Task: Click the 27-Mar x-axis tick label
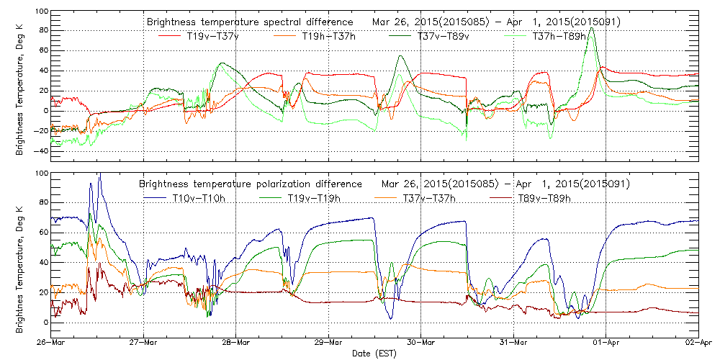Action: (x=143, y=343)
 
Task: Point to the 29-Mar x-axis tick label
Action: (x=328, y=343)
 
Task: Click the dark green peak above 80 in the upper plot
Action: (x=591, y=29)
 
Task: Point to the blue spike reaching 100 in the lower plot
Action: (x=99, y=174)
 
